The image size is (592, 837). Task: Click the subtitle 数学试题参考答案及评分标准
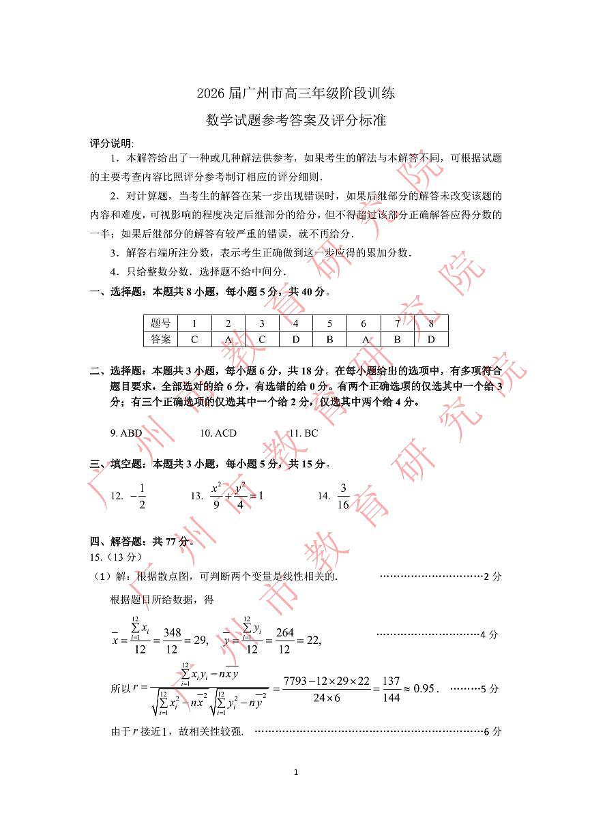tap(296, 121)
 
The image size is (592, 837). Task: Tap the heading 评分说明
tap(112, 143)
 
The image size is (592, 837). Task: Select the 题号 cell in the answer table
tap(160, 323)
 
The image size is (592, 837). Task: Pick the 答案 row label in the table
tap(160, 339)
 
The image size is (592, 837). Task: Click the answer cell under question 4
tap(295, 339)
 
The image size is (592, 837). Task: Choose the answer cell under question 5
tap(329, 339)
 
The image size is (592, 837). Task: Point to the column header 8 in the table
tap(431, 323)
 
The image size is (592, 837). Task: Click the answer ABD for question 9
tap(126, 433)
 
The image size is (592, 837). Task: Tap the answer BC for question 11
tap(304, 433)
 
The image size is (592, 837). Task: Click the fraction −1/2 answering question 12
tap(138, 496)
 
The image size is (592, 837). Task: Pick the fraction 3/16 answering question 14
tap(343, 496)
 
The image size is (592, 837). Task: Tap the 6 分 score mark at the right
tap(492, 731)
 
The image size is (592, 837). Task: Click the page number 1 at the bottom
tap(295, 772)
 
